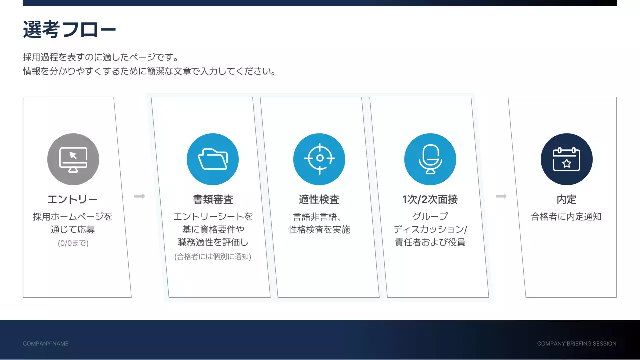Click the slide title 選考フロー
(69, 30)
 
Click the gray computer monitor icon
(73, 159)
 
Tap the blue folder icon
(213, 159)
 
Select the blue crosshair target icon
(319, 159)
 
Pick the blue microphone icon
(430, 159)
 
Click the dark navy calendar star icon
(567, 159)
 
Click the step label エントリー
(73, 200)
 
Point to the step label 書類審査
(213, 200)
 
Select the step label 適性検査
(319, 200)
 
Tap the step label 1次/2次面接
(430, 200)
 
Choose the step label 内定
(567, 200)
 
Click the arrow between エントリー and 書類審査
(140, 196)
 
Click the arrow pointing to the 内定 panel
(501, 196)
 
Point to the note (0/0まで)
(73, 244)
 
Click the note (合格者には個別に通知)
(213, 257)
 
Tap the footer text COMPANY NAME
(46, 344)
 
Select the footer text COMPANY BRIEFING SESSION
(577, 344)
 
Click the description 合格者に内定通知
(566, 217)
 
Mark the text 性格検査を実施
(319, 230)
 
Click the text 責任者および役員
(430, 243)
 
